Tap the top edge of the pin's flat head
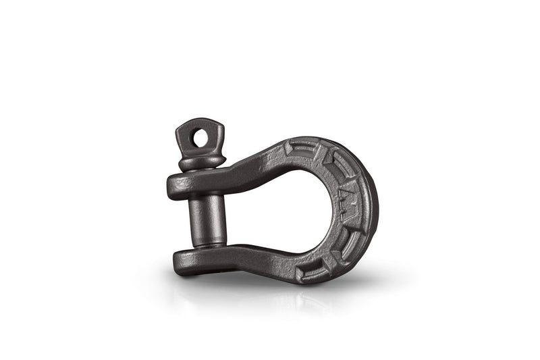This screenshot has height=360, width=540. [203, 121]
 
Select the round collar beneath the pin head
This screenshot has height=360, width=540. [202, 163]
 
